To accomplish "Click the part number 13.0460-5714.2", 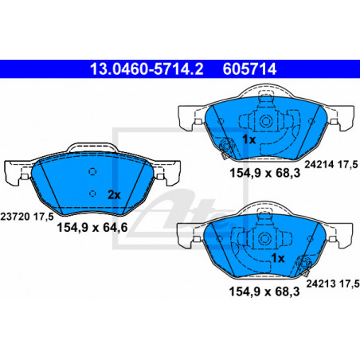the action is point(147,68).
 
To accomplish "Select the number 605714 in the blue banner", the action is point(249,68).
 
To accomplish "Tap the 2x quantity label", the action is point(114,195).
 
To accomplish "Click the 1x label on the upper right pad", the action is point(249,139).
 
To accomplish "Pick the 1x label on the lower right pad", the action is point(278,258).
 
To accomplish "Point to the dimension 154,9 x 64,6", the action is point(92,228).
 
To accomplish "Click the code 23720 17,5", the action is point(27,217).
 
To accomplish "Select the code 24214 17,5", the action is point(331,164).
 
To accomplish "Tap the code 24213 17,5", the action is point(333,284).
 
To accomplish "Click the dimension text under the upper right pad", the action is point(264,173).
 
